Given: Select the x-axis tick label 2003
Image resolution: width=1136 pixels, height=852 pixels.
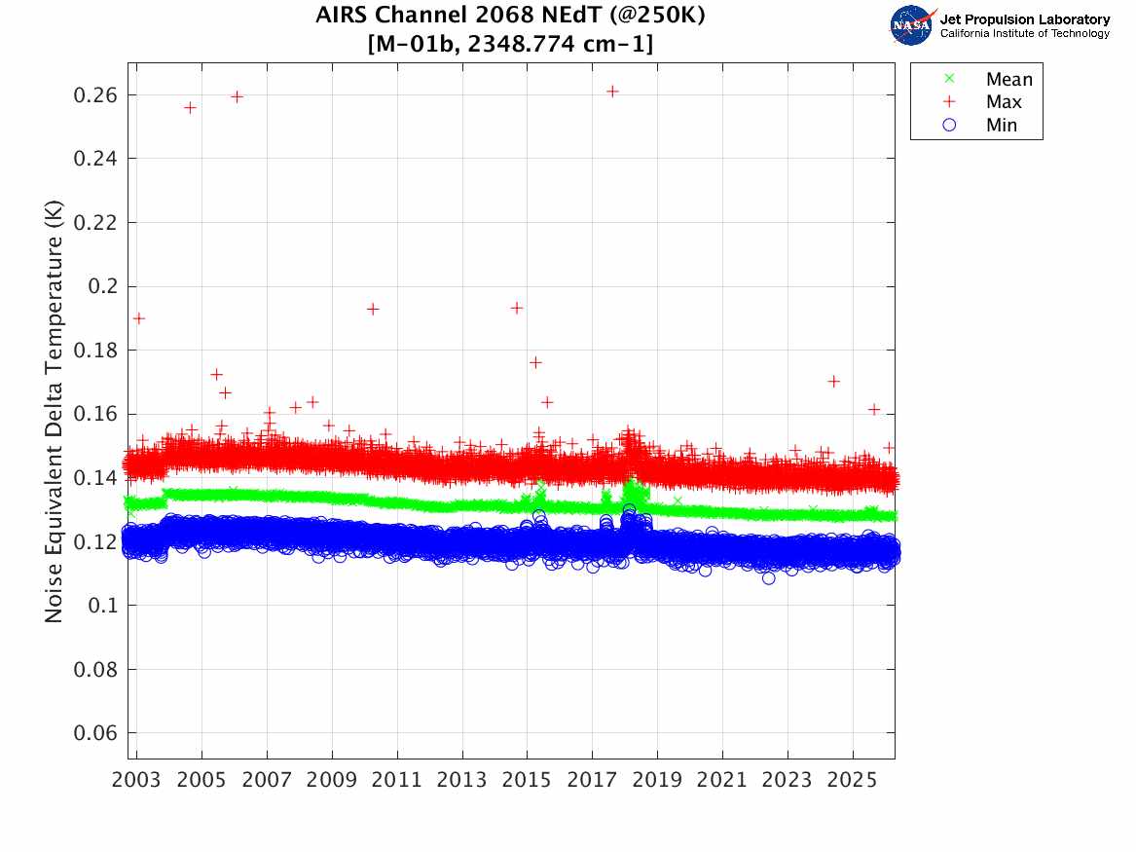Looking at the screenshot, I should pos(136,781).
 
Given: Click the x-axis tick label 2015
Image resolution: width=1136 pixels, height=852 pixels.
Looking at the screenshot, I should pos(527,781).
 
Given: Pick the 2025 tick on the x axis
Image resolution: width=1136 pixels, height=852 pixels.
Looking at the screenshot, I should pos(853,781).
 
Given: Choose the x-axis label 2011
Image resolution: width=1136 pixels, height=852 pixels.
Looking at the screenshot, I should pos(397,781).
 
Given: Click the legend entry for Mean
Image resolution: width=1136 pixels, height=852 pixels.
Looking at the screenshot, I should pos(1008,79).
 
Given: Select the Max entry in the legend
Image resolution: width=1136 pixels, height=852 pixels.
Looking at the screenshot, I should pos(1004,101).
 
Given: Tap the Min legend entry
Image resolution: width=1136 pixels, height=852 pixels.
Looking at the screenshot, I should pos(1002,125).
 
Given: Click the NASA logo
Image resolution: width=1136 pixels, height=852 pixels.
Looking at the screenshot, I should pos(912,25).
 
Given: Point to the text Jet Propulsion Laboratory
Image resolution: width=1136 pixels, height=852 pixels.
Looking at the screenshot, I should pos(1024,19).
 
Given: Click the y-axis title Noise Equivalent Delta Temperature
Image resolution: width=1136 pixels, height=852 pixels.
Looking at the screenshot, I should pos(55,418).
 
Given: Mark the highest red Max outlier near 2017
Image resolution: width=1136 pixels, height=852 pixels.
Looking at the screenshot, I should pos(612,91).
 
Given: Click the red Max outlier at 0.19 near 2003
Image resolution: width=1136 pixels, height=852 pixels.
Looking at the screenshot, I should pos(139,318).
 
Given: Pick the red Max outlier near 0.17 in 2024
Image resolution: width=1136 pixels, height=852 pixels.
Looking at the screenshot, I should pos(833,381).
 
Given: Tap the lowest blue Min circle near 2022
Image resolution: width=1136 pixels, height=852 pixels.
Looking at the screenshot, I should pos(769,578).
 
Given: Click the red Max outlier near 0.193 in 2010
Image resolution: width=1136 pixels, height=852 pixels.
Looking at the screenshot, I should pos(372,309).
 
